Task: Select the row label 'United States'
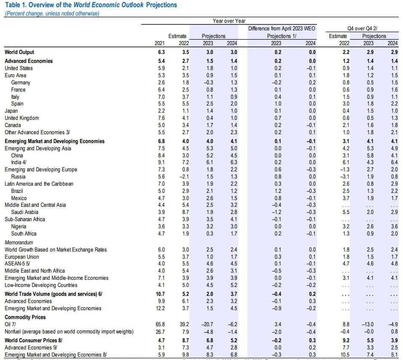[x=19, y=68]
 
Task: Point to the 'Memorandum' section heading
[x=19, y=242]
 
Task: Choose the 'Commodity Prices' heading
[x=25, y=317]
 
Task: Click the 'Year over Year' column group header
[x=229, y=21]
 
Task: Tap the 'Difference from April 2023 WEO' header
[x=282, y=28]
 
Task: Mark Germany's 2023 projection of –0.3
[x=208, y=82]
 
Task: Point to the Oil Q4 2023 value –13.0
[x=368, y=324]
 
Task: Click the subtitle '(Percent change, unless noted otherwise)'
[x=51, y=14]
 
